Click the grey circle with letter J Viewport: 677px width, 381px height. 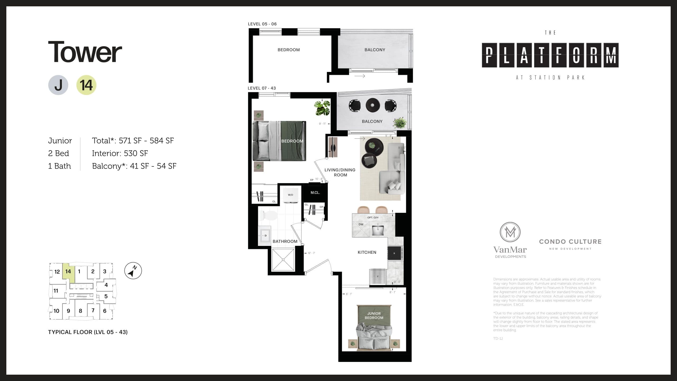58,85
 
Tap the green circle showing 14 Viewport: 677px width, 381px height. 86,85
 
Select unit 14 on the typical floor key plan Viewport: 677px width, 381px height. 68,272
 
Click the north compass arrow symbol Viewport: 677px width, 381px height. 133,271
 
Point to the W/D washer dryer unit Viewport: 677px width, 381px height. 291,195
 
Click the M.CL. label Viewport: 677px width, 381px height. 315,193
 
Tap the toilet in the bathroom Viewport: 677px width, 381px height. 268,216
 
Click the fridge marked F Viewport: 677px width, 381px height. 378,276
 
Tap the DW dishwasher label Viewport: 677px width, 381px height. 361,224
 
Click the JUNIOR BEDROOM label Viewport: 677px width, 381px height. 374,315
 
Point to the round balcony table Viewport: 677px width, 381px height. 373,105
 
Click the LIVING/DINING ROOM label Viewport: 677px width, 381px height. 340,172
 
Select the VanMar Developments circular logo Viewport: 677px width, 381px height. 510,232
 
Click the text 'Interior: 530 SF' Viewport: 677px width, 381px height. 120,153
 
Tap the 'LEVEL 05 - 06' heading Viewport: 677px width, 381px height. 262,24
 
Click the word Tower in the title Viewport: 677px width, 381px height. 85,52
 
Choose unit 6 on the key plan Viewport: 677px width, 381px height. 105,311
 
